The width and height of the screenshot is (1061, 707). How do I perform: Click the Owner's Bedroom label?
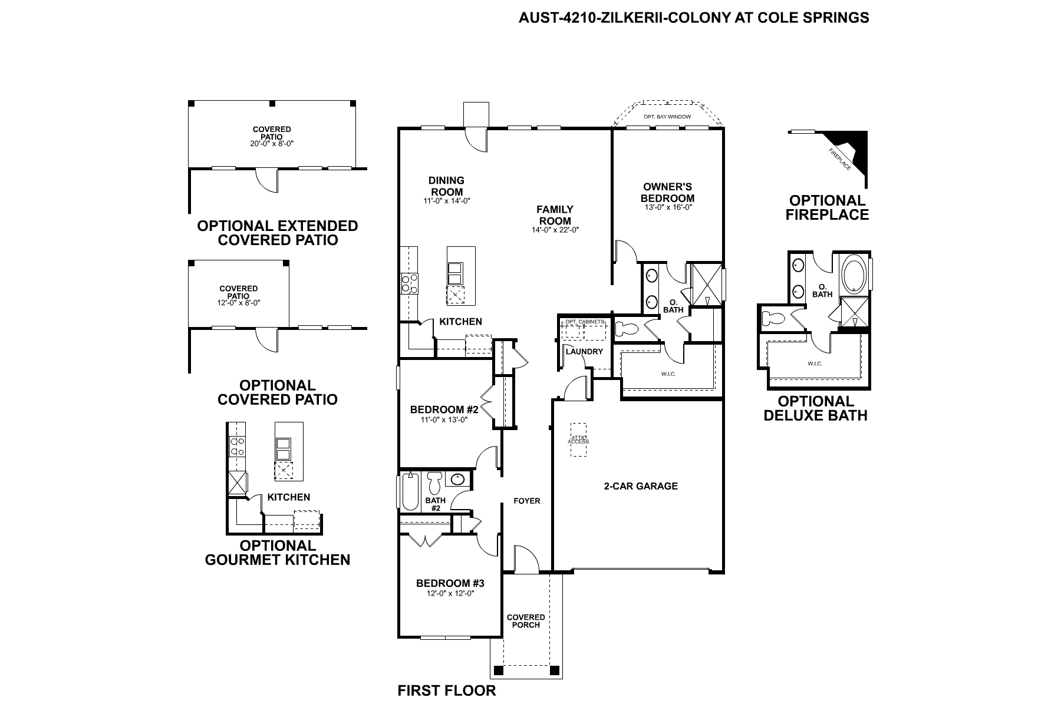click(x=668, y=193)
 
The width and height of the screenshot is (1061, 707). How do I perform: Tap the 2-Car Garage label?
click(x=641, y=486)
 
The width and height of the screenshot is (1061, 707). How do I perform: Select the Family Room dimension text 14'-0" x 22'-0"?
click(x=555, y=230)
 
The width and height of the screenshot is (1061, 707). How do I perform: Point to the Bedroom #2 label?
click(x=444, y=409)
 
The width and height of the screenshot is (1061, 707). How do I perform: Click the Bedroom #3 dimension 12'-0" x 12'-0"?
click(x=450, y=594)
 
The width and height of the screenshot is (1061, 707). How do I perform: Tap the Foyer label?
click(x=527, y=501)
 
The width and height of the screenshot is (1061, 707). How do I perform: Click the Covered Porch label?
click(x=526, y=621)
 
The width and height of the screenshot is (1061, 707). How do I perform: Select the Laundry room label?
click(x=584, y=352)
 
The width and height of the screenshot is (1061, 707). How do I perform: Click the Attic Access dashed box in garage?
click(x=578, y=440)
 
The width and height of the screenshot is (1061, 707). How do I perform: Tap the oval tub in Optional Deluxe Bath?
click(x=852, y=273)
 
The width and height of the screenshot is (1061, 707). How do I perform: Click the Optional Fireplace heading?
click(x=828, y=207)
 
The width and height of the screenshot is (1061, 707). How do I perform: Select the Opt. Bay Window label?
click(x=667, y=117)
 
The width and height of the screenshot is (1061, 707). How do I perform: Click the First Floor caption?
click(x=447, y=691)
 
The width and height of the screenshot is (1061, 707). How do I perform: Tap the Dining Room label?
click(x=446, y=186)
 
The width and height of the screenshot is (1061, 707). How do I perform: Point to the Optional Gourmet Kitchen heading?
click(x=278, y=553)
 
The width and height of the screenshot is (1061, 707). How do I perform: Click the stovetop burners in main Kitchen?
click(x=409, y=283)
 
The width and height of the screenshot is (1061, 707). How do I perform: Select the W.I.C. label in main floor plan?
click(x=668, y=374)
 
